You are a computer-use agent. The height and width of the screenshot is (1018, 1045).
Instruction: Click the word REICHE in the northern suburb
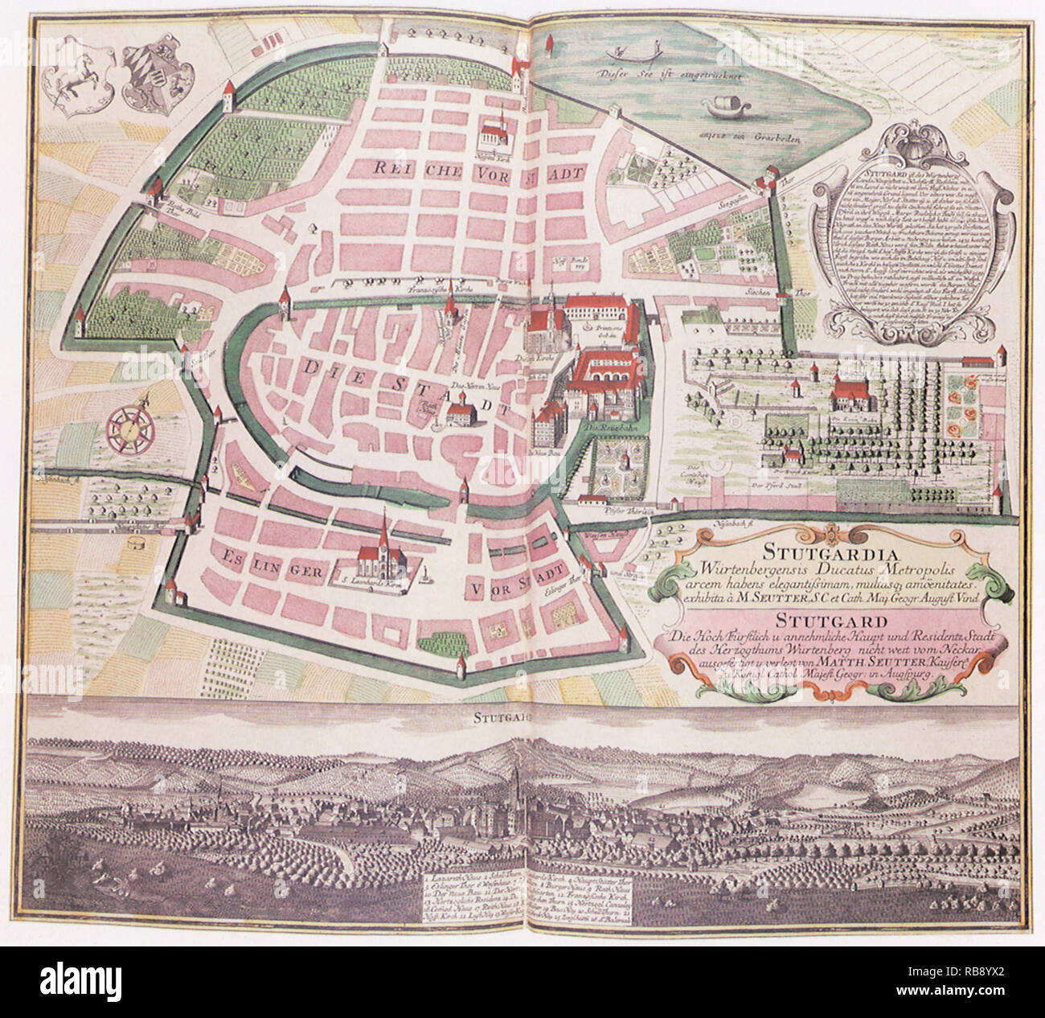(x=408, y=166)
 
